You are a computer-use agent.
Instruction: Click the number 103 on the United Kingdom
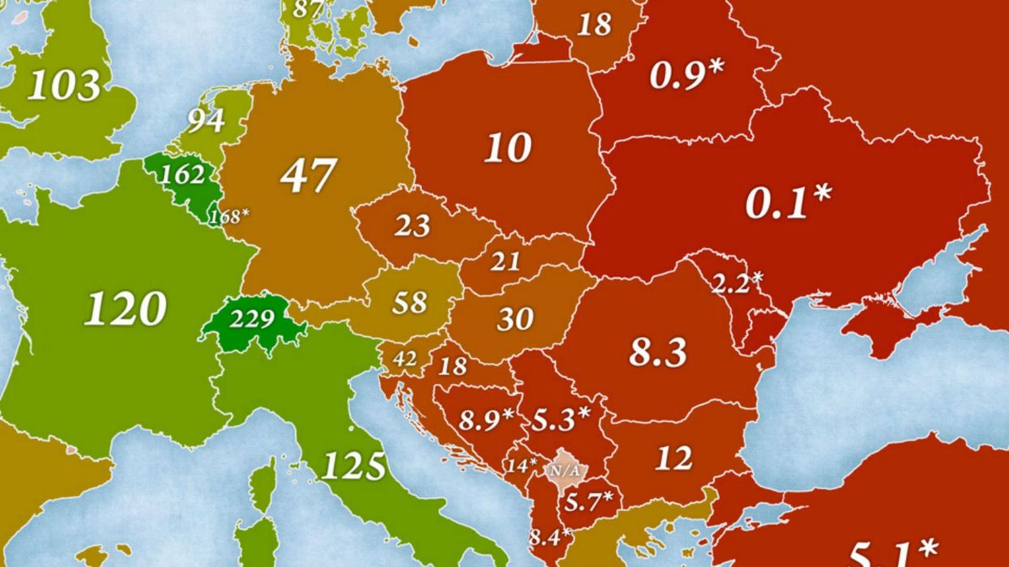click(x=64, y=85)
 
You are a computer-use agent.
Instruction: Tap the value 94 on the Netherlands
click(x=206, y=120)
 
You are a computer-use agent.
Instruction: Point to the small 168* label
click(x=229, y=217)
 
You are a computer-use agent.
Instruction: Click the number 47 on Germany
click(x=308, y=175)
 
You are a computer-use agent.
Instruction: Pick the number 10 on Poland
click(x=508, y=148)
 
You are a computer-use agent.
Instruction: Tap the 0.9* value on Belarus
click(x=686, y=75)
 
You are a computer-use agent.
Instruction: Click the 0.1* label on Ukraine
click(x=788, y=201)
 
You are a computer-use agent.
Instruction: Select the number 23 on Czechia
click(x=412, y=225)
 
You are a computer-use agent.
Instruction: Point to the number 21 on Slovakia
click(x=505, y=261)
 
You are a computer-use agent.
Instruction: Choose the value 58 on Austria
click(x=409, y=303)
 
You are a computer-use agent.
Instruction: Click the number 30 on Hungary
click(x=515, y=319)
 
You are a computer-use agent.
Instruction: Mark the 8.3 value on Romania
click(x=658, y=352)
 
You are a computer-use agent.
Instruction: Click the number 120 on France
click(x=126, y=308)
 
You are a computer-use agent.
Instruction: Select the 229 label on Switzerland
click(x=251, y=318)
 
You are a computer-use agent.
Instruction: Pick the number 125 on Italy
click(x=353, y=466)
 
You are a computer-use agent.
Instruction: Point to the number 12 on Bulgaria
click(x=673, y=458)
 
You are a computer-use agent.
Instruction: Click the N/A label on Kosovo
click(x=565, y=469)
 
